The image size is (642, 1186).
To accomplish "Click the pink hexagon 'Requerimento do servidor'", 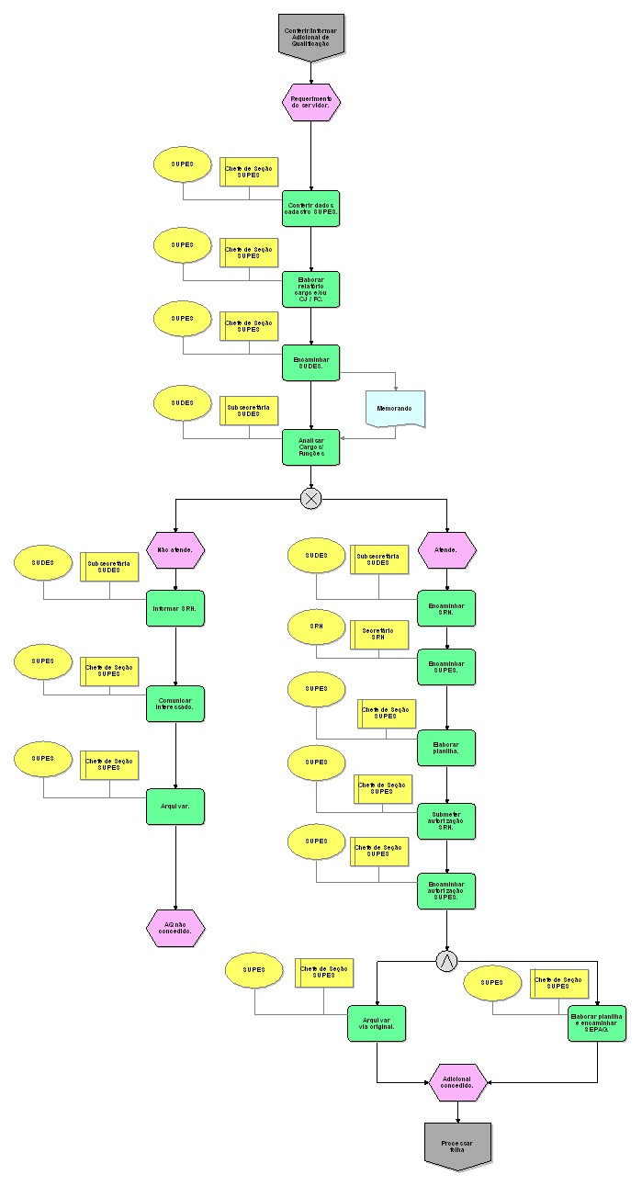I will click(310, 102).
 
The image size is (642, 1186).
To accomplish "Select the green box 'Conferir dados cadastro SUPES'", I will click(310, 208).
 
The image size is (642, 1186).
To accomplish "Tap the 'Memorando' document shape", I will click(395, 408).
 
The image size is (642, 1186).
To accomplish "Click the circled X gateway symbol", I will click(310, 498).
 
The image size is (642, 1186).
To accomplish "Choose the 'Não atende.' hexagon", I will click(175, 549).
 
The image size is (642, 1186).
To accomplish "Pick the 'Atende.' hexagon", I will click(446, 549).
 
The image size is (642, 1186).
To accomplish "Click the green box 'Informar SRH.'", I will click(175, 608).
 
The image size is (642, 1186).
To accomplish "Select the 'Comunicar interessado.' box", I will click(175, 703).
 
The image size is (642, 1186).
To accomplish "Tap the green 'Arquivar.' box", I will click(175, 807).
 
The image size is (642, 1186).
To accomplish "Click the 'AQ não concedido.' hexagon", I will click(175, 927).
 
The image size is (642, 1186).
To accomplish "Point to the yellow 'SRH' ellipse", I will click(317, 627).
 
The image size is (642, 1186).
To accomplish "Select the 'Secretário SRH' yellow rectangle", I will click(378, 635).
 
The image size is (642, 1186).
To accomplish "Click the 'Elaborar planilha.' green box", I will click(446, 747).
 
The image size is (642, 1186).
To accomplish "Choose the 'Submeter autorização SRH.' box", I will click(446, 821).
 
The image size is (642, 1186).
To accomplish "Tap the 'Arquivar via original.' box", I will click(377, 1022).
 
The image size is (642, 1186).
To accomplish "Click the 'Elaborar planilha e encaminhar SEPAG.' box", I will click(597, 1022).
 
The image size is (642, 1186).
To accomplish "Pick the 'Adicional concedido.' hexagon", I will click(458, 1082).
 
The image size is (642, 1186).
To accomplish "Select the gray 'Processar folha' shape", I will click(458, 1145).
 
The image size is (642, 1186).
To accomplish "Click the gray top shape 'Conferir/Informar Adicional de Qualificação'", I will click(310, 36).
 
